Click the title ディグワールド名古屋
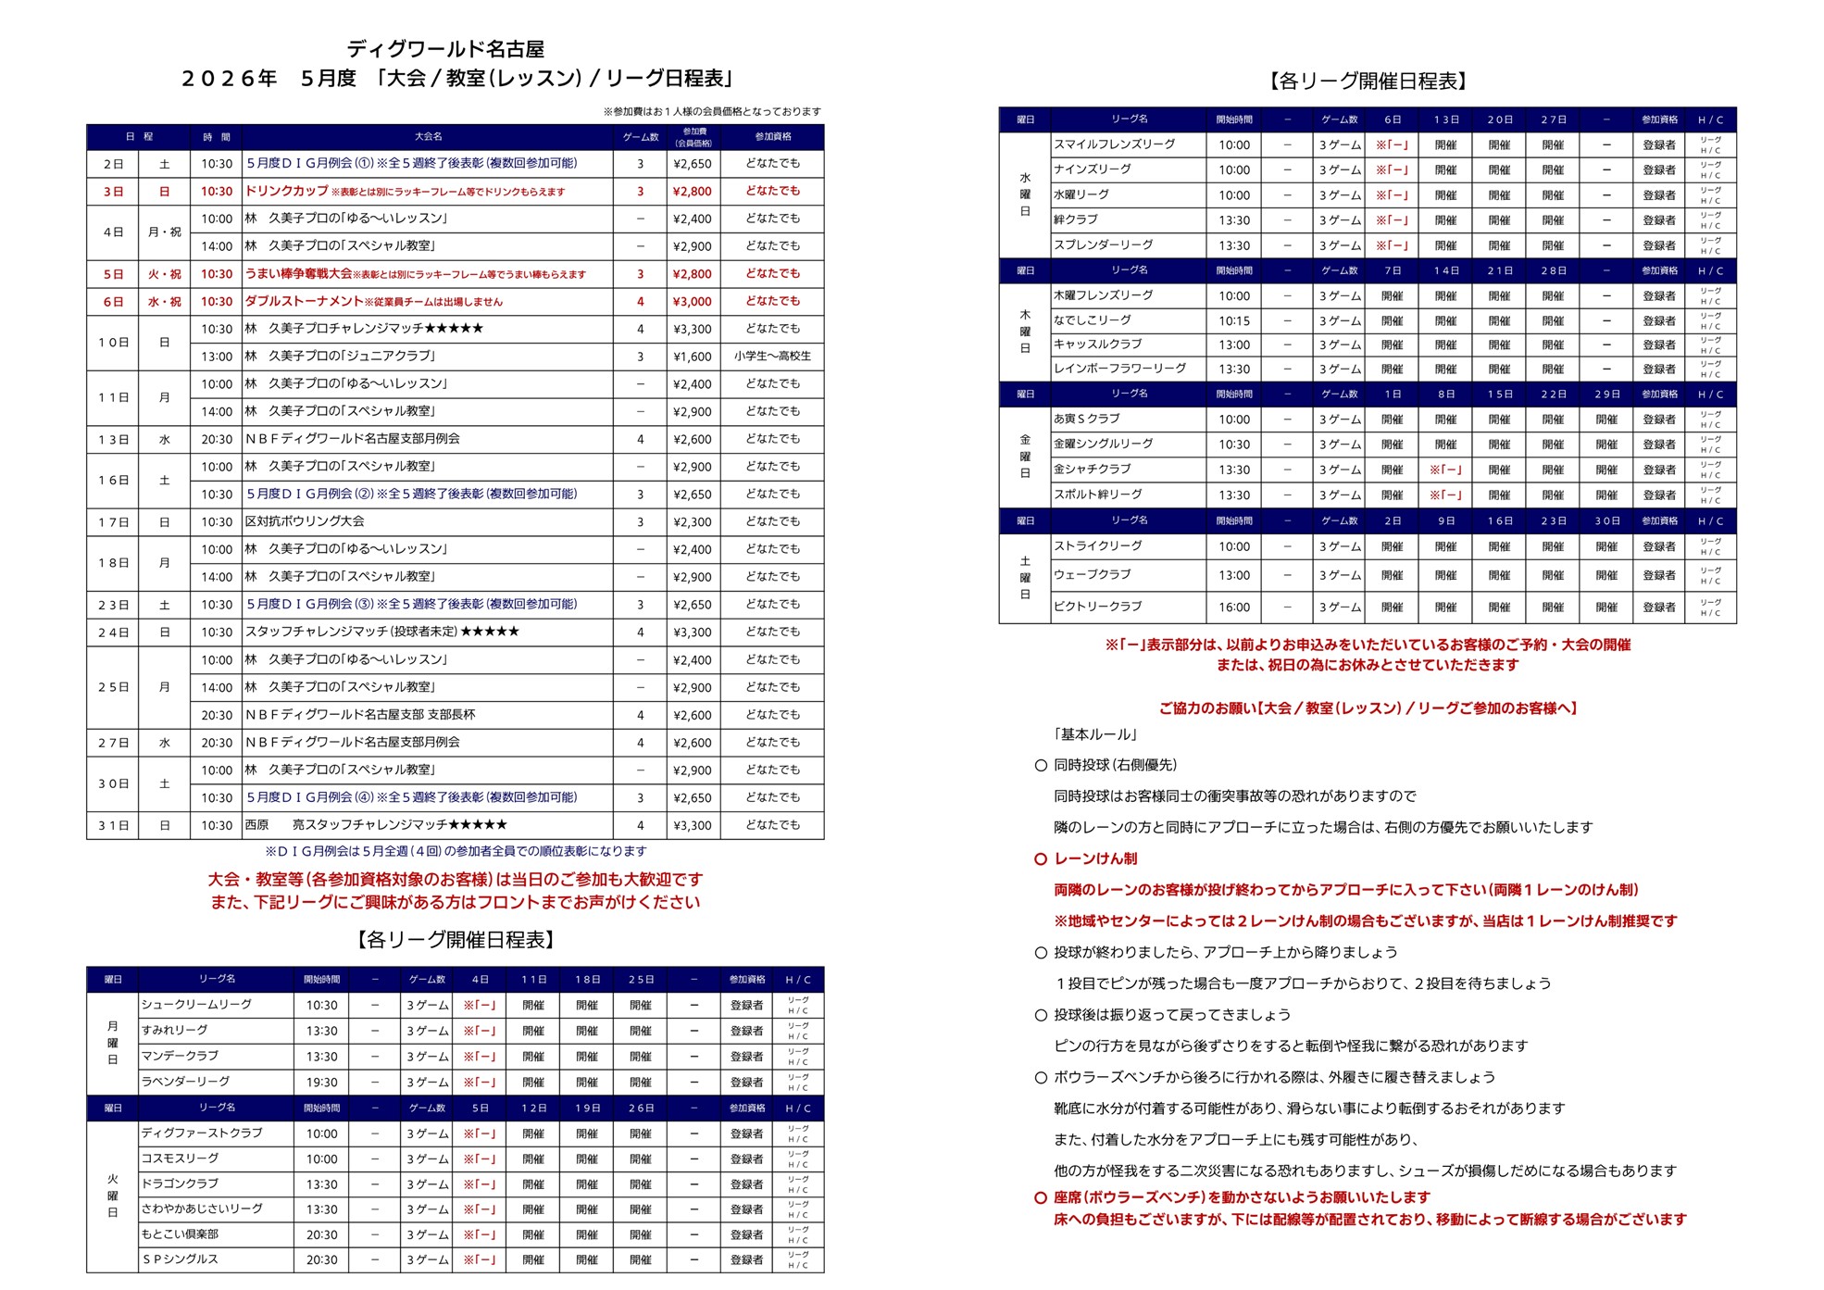coord(445,49)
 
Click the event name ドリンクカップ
coord(286,191)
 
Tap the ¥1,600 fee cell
coord(692,357)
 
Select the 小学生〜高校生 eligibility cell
coord(772,357)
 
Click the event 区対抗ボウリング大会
coord(305,522)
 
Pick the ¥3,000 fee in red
coord(692,302)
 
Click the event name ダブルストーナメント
coord(304,302)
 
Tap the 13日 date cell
coord(113,440)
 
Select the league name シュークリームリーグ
coord(196,1005)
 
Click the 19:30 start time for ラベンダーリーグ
coord(321,1082)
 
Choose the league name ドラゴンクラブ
coord(180,1184)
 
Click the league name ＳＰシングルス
coord(180,1259)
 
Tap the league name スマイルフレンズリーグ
coord(1114,144)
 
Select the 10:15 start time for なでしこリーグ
coord(1233,320)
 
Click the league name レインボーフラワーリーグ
coord(1119,369)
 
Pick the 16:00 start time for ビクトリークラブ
coord(1233,607)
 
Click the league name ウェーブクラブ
coord(1093,575)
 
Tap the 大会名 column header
coord(428,137)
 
